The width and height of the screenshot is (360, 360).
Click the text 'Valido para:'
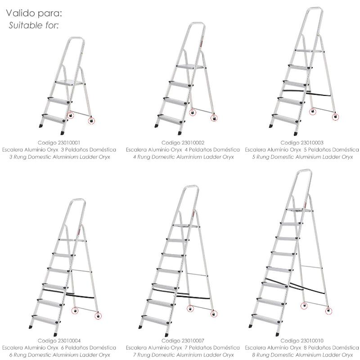tap(34, 13)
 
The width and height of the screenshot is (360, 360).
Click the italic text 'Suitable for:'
tap(34, 25)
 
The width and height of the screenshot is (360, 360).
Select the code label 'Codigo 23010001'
tap(59, 143)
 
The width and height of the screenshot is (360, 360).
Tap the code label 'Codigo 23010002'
tap(183, 143)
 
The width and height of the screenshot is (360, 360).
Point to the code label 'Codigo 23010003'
tap(302, 143)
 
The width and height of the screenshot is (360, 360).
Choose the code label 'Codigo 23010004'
tap(59, 341)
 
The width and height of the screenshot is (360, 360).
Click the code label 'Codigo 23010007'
tap(183, 341)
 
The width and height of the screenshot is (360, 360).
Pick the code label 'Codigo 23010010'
tap(302, 341)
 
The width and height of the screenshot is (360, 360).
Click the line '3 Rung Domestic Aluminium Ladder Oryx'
tap(60, 157)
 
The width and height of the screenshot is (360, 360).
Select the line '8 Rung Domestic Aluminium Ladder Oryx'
tap(302, 355)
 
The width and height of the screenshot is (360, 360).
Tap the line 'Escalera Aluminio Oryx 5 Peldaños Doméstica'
tap(302, 150)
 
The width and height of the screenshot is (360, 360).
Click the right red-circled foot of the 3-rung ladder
tap(91, 120)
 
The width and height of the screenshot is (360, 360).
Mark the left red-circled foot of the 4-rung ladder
tap(193, 112)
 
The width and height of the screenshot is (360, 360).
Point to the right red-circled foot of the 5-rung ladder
tap(335, 117)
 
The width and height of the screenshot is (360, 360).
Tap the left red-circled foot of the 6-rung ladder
tap(75, 310)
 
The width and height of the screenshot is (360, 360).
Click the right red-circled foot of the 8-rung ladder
tap(328, 311)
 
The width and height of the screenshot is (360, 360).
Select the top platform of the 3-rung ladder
tap(70, 83)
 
